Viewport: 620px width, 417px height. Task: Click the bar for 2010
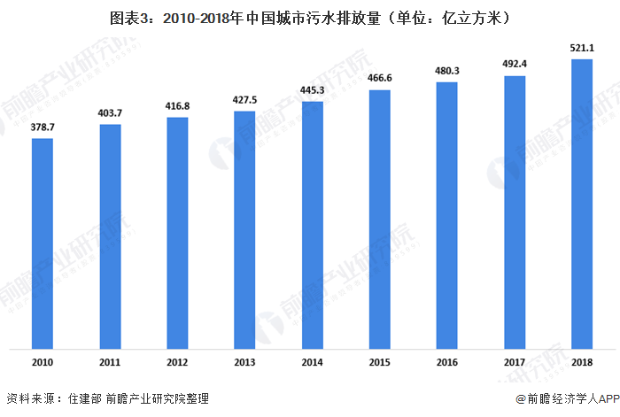point(43,243)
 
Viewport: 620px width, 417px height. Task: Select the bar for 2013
point(244,230)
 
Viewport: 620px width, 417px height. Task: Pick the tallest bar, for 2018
point(582,204)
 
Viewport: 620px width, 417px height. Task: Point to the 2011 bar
point(110,236)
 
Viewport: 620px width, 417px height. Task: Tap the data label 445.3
point(312,91)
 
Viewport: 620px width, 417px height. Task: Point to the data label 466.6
point(379,79)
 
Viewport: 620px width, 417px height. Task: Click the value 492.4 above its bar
point(514,65)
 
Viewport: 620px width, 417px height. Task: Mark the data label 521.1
point(582,48)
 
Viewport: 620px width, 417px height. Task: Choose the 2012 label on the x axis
point(177,362)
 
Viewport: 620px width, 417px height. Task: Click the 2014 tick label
point(312,362)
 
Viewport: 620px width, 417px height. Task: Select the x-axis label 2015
point(379,362)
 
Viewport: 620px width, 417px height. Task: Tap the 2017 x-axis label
point(514,362)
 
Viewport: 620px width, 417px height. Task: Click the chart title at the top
point(310,17)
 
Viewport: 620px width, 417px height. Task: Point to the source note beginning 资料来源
point(107,399)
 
